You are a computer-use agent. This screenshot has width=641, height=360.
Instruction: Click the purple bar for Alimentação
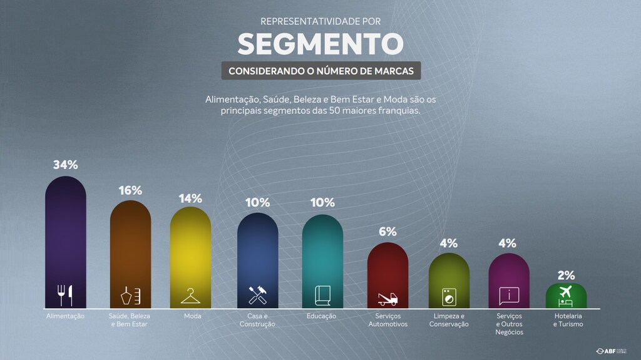(x=66, y=238)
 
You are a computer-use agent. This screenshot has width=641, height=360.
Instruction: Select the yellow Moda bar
(x=190, y=250)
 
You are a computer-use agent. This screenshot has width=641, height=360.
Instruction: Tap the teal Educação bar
(x=322, y=254)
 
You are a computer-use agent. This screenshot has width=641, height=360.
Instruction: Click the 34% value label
(x=66, y=165)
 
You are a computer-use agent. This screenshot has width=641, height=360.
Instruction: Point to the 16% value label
(x=130, y=190)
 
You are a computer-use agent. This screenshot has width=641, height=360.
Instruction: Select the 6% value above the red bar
(x=387, y=232)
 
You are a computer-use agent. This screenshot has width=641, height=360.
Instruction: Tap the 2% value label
(x=566, y=275)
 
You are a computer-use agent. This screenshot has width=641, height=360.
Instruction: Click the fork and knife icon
(x=66, y=294)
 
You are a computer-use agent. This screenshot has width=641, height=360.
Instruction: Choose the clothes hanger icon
(x=190, y=295)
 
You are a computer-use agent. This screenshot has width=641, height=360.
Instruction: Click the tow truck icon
(x=387, y=299)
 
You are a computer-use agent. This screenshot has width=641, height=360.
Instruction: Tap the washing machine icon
(x=449, y=296)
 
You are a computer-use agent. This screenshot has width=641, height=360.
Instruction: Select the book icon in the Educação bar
(x=322, y=295)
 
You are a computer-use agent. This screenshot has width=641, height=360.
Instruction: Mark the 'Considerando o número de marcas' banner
(x=320, y=71)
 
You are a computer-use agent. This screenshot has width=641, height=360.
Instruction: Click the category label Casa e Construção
(x=257, y=320)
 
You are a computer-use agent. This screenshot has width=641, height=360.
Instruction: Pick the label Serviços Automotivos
(x=387, y=320)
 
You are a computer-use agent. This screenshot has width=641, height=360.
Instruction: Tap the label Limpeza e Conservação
(x=449, y=320)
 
